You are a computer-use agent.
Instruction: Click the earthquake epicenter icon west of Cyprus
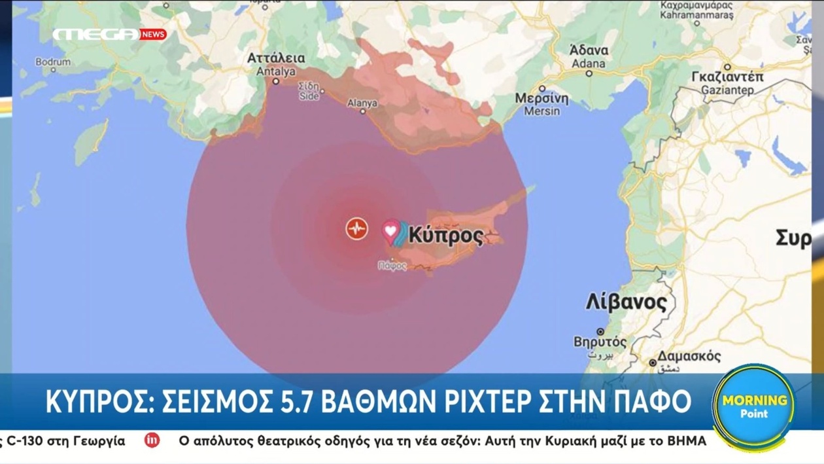[x=356, y=228]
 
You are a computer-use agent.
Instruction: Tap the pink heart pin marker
[x=390, y=231]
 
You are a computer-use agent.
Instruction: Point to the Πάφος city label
[x=392, y=266]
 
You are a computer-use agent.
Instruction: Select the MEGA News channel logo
[x=109, y=35]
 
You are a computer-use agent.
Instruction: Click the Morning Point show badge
[x=754, y=404]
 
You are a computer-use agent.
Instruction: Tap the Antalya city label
[x=276, y=64]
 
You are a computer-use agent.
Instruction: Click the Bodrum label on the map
[x=53, y=62]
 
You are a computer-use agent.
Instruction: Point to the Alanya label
[x=362, y=103]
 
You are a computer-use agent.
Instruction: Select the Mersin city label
[x=541, y=105]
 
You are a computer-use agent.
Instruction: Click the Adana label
[x=589, y=57]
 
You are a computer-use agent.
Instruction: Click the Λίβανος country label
[x=626, y=303]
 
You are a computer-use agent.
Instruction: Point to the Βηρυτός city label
[x=600, y=342]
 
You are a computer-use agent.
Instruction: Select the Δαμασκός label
[x=689, y=357]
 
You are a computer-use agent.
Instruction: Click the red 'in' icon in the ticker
[x=152, y=440]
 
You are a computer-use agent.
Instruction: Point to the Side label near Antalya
[x=309, y=92]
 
